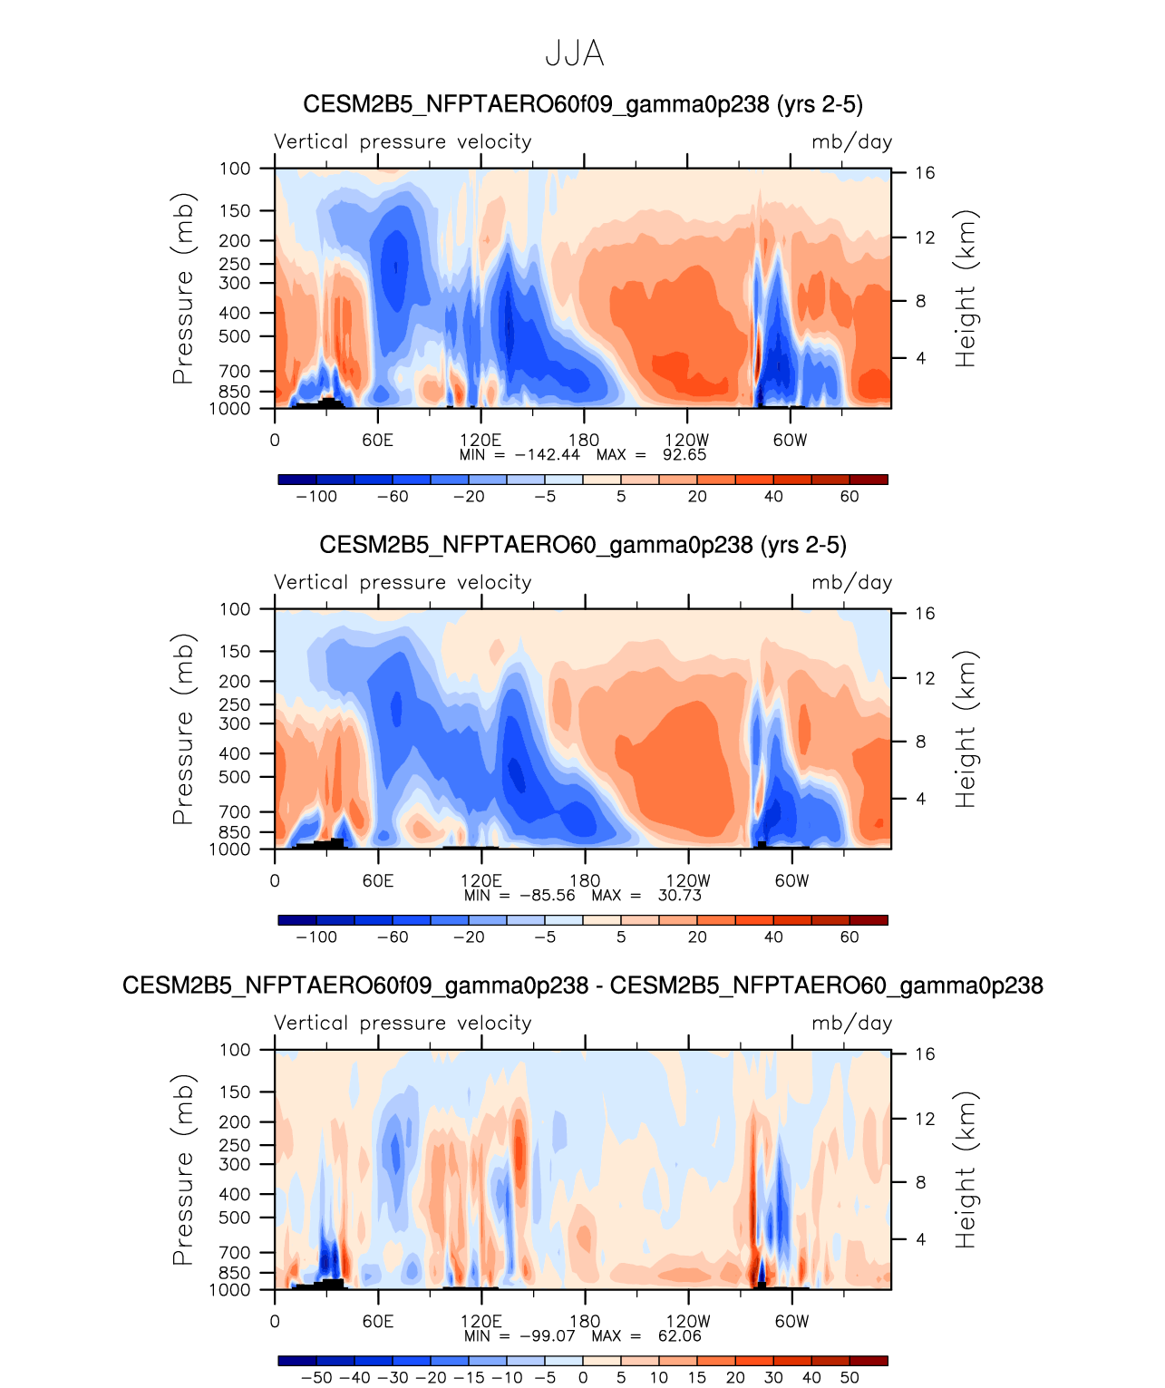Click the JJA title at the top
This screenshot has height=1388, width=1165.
[574, 54]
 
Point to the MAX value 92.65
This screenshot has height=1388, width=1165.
[684, 455]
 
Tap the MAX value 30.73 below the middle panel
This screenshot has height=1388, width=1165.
[679, 896]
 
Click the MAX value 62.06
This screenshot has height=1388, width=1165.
[679, 1336]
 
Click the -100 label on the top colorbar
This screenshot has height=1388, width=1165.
[316, 497]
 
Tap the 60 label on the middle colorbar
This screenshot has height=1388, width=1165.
[849, 937]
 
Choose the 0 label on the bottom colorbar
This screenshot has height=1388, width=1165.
[583, 1378]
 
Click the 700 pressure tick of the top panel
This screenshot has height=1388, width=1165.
[235, 372]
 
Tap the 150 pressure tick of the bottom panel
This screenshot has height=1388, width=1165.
[235, 1092]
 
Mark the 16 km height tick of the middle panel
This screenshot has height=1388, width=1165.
[925, 614]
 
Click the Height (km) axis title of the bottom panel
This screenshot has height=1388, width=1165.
[966, 1170]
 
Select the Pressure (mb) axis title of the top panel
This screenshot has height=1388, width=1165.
[183, 288]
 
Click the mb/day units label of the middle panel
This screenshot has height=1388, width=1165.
[851, 583]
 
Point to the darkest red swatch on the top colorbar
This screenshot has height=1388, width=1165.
[869, 480]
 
